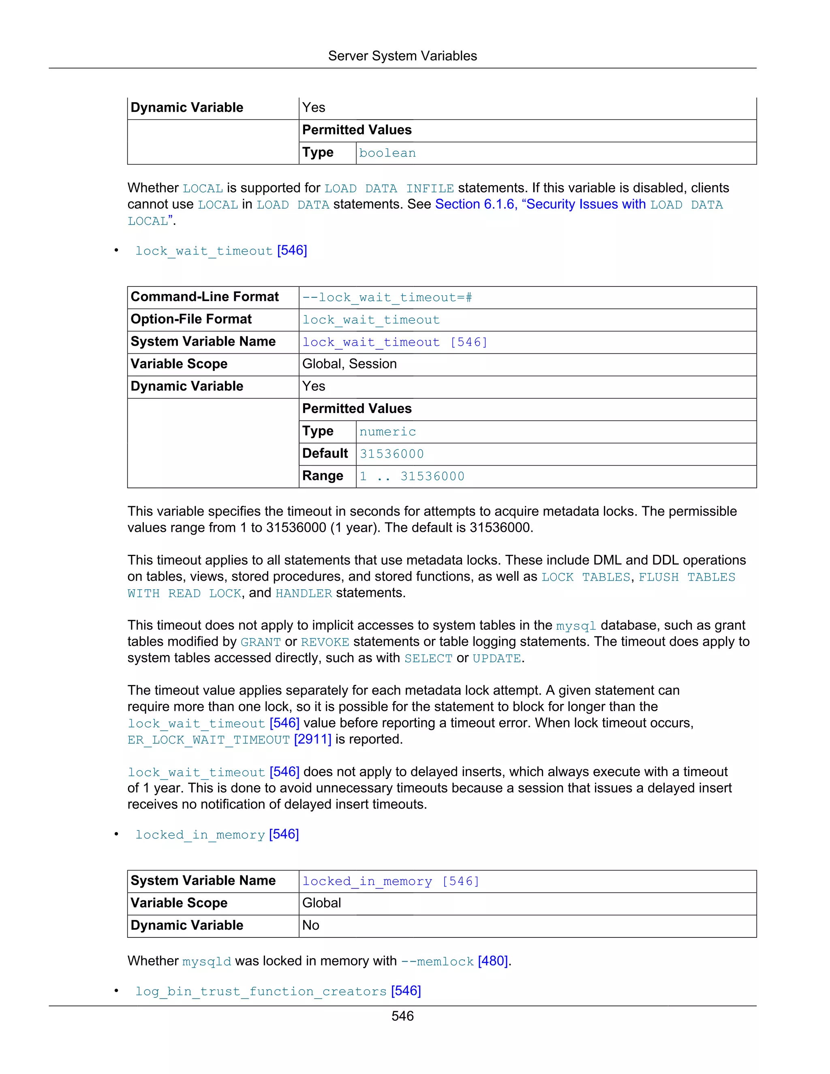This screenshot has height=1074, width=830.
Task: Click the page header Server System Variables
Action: tap(402, 56)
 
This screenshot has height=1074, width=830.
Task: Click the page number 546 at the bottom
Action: tap(402, 1016)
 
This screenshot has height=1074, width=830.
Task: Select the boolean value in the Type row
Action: tap(387, 153)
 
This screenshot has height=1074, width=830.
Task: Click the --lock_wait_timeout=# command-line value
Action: tap(387, 297)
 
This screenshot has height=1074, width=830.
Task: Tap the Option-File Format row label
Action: tap(191, 319)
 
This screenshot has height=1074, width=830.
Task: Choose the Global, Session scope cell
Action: tap(349, 364)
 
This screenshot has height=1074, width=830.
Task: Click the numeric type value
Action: tap(387, 432)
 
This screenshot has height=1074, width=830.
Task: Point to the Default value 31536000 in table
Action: tap(391, 454)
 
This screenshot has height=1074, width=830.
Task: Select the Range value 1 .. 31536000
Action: tap(412, 476)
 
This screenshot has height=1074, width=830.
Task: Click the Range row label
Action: tap(323, 476)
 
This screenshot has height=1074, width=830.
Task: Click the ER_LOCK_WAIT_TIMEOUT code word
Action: tap(208, 740)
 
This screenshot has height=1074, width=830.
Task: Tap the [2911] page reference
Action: tap(313, 739)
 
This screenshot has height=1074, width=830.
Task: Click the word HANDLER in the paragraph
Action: tap(304, 594)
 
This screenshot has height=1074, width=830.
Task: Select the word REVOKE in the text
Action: tap(325, 642)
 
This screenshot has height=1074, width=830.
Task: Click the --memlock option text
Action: tap(437, 961)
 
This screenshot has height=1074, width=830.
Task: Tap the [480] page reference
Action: tap(493, 961)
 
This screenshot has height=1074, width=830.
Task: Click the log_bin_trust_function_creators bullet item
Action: tap(261, 991)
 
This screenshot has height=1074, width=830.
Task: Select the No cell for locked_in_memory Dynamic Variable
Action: tap(311, 926)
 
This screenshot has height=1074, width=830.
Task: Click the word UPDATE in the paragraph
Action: tap(496, 659)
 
